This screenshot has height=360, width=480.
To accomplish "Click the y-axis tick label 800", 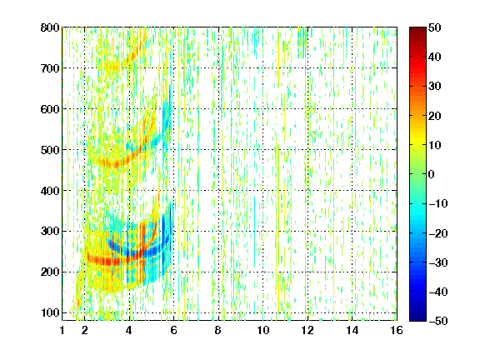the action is pyautogui.click(x=50, y=27).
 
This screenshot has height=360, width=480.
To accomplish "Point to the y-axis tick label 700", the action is pyautogui.click(x=50, y=68).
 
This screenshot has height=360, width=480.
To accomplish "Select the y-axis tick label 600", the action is pyautogui.click(x=50, y=109).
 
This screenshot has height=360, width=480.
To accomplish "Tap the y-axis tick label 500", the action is pyautogui.click(x=50, y=150).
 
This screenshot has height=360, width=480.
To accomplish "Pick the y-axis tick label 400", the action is pyautogui.click(x=50, y=191).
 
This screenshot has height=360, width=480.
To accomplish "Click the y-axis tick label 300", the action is pyautogui.click(x=50, y=231).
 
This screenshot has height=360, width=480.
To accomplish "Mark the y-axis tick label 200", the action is pyautogui.click(x=50, y=272).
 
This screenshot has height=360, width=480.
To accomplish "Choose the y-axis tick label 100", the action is pyautogui.click(x=50, y=312).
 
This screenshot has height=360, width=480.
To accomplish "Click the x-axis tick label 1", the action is pyautogui.click(x=62, y=330).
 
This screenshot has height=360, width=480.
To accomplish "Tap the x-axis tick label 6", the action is pyautogui.click(x=174, y=330).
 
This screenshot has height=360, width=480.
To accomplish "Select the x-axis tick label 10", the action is pyautogui.click(x=263, y=330).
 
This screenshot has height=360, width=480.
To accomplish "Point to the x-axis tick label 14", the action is pyautogui.click(x=352, y=330).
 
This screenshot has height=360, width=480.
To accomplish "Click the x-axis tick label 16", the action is pyautogui.click(x=397, y=330).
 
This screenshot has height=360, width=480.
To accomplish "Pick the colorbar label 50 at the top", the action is pyautogui.click(x=435, y=27).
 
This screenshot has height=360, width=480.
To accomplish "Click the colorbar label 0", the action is pyautogui.click(x=432, y=174).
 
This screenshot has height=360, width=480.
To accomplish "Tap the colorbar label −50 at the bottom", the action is pyautogui.click(x=438, y=321).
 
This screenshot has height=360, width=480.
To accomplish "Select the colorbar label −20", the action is pyautogui.click(x=438, y=233).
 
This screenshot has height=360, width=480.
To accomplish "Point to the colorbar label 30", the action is pyautogui.click(x=435, y=87).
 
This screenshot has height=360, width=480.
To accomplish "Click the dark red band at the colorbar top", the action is pyautogui.click(x=417, y=33).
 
